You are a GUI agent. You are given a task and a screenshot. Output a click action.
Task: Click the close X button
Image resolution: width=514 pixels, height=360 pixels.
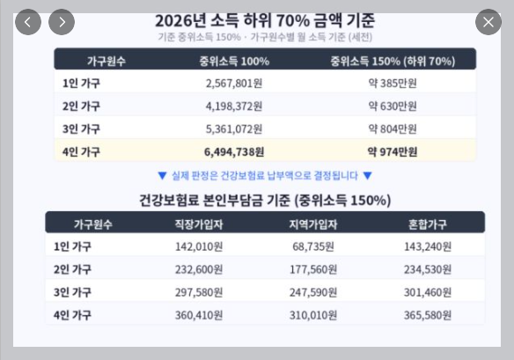(x=488, y=22)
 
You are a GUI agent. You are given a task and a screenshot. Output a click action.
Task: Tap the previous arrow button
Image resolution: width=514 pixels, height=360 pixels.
(x=28, y=22)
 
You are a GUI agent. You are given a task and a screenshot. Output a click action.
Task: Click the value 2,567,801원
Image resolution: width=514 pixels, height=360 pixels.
(x=234, y=84)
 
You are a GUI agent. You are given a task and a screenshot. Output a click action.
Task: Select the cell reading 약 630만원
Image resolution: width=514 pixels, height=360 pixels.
(x=393, y=107)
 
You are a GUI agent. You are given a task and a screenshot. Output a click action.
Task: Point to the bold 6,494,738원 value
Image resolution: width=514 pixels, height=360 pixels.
(x=234, y=151)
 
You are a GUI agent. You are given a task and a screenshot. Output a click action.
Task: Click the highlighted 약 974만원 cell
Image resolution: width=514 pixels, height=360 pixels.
(x=393, y=151)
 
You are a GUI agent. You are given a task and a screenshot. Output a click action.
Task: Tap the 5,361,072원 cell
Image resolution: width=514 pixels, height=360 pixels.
(x=234, y=129)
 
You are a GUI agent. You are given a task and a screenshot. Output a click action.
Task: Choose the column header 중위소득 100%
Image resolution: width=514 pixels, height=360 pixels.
(x=234, y=61)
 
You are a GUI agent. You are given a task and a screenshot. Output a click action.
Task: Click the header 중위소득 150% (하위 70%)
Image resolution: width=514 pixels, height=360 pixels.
(x=393, y=61)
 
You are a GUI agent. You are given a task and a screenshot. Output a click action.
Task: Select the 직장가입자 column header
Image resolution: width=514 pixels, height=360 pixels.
(x=199, y=224)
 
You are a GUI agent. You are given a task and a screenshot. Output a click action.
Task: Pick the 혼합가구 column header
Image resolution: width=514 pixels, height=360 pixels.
(x=428, y=224)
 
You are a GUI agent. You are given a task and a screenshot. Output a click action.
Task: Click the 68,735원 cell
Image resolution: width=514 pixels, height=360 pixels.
(x=313, y=246)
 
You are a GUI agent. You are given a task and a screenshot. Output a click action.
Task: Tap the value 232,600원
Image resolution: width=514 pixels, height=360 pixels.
(x=199, y=269)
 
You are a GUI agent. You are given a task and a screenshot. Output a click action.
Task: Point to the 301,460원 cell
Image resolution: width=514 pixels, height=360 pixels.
(x=428, y=292)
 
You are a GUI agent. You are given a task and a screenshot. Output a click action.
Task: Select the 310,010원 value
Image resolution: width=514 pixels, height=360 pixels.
(x=313, y=315)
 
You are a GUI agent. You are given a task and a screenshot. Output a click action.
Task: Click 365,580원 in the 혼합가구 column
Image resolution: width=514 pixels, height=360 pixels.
(x=428, y=315)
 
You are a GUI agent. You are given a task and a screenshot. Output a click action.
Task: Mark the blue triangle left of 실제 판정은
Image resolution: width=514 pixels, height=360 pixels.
(x=162, y=176)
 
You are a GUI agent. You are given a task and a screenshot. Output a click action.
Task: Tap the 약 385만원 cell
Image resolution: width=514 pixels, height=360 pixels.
(x=393, y=84)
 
